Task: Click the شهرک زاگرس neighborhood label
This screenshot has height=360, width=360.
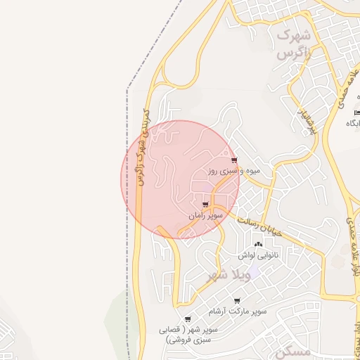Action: tap(295, 43)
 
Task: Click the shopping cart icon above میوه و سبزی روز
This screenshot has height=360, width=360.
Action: tap(234, 160)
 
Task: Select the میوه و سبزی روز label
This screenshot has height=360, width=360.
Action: tap(234, 171)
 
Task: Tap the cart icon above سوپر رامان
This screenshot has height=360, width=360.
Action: tap(205, 205)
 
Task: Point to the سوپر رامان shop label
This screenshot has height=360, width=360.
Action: tap(205, 216)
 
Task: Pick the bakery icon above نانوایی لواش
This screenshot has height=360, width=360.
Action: tap(257, 244)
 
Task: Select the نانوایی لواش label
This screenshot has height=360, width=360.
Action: tap(257, 255)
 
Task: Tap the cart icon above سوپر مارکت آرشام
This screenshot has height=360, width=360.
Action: tap(237, 300)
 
